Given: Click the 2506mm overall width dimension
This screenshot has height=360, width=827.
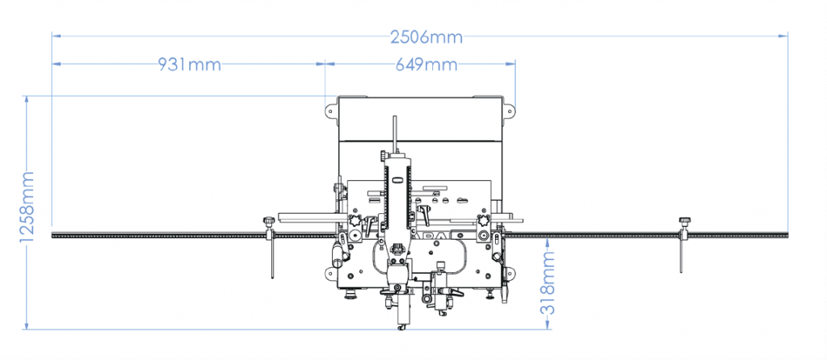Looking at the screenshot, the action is (x=426, y=37).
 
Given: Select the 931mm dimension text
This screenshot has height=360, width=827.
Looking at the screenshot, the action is (x=189, y=65).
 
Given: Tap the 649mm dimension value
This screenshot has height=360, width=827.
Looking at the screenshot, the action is (x=426, y=65).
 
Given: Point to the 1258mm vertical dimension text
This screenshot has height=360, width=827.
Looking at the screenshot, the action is (x=27, y=207).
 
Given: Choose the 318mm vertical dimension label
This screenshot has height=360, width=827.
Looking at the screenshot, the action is (x=548, y=283).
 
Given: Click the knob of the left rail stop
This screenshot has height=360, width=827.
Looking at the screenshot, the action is (x=270, y=220).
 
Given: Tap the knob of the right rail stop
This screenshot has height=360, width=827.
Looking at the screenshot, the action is (x=685, y=220).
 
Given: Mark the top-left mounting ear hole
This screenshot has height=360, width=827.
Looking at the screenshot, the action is (x=330, y=111).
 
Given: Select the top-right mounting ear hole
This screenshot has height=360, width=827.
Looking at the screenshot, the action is (x=510, y=111).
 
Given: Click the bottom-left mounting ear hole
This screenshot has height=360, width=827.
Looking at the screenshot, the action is (x=330, y=273).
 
